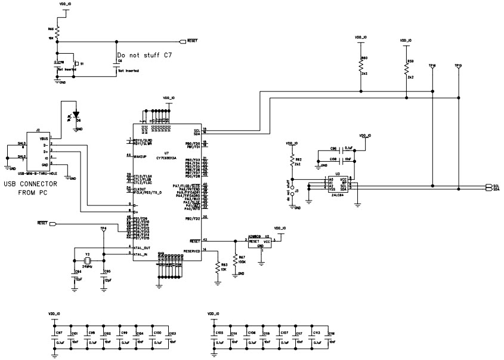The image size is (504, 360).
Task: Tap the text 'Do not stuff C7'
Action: click(144, 54)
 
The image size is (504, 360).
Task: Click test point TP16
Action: click(432, 66)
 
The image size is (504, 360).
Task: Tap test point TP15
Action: click(457, 66)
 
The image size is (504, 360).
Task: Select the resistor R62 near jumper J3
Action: click(292, 162)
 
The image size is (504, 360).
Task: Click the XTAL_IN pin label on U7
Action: click(141, 253)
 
